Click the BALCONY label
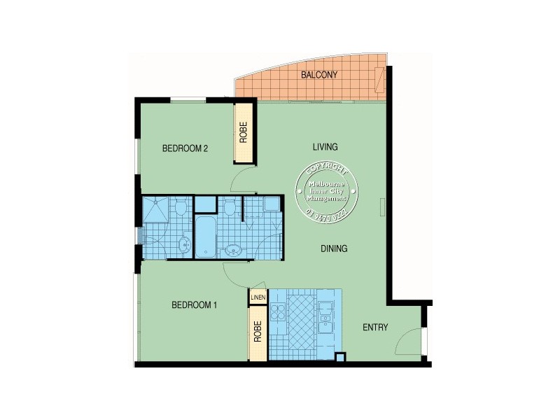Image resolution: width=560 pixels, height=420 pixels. click(319, 74)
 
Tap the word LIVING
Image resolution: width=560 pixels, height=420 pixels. click(325, 147)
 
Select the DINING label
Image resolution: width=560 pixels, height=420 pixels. click(334, 248)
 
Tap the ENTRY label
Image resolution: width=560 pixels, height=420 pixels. click(375, 328)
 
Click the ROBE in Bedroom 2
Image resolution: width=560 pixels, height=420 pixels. click(244, 133)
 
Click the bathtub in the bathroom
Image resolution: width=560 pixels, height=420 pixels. click(206, 238)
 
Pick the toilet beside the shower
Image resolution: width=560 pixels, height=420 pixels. click(181, 209)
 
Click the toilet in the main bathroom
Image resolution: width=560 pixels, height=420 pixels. click(230, 208)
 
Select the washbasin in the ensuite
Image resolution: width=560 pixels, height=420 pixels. click(183, 244)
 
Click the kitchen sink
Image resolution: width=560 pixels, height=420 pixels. click(325, 318)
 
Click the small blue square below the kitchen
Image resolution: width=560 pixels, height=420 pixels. click(340, 358)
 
